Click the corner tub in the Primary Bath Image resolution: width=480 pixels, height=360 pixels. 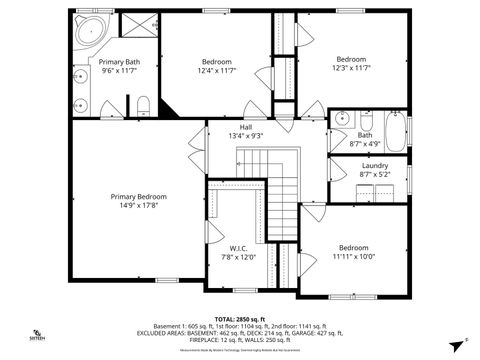coord(89,28)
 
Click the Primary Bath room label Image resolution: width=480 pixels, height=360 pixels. coord(119,62)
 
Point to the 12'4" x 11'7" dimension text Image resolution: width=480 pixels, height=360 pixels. coord(218,70)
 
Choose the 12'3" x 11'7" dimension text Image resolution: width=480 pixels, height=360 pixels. coord(351,67)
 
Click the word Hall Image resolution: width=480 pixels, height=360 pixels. coord(245,127)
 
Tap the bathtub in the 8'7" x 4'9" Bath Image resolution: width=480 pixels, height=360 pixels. coord(394,131)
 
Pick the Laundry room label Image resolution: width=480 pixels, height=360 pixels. coord(374,166)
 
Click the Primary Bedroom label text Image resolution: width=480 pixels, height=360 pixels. coord(138,197)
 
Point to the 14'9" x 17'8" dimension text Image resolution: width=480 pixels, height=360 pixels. coord(138,206)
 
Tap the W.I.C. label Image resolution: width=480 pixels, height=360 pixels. coord(238,248)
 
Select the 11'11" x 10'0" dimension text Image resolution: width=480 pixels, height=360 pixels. coord(353,256)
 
